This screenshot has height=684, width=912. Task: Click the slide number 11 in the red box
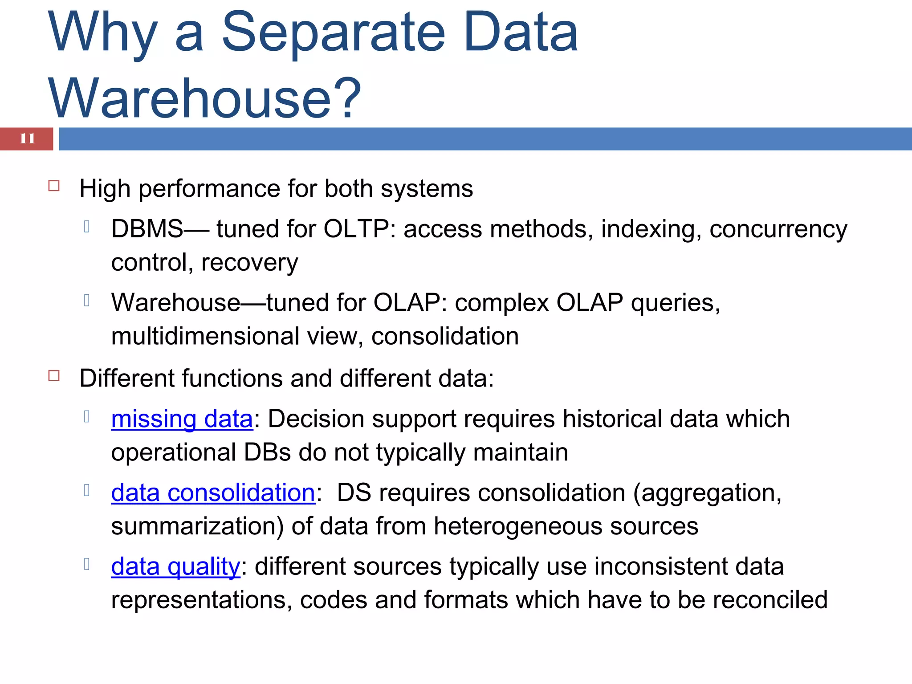pos(27,138)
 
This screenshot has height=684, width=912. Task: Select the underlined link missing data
pos(182,419)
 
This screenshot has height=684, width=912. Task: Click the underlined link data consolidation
pos(213,493)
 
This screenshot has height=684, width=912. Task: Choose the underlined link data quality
pos(175,567)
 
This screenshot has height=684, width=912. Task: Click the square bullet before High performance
pos(54,186)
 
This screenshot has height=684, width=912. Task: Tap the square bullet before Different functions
pos(54,375)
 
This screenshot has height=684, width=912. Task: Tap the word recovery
pos(249,263)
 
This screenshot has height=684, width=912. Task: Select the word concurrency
pos(778,229)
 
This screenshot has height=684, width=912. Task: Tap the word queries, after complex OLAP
pos(676,303)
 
